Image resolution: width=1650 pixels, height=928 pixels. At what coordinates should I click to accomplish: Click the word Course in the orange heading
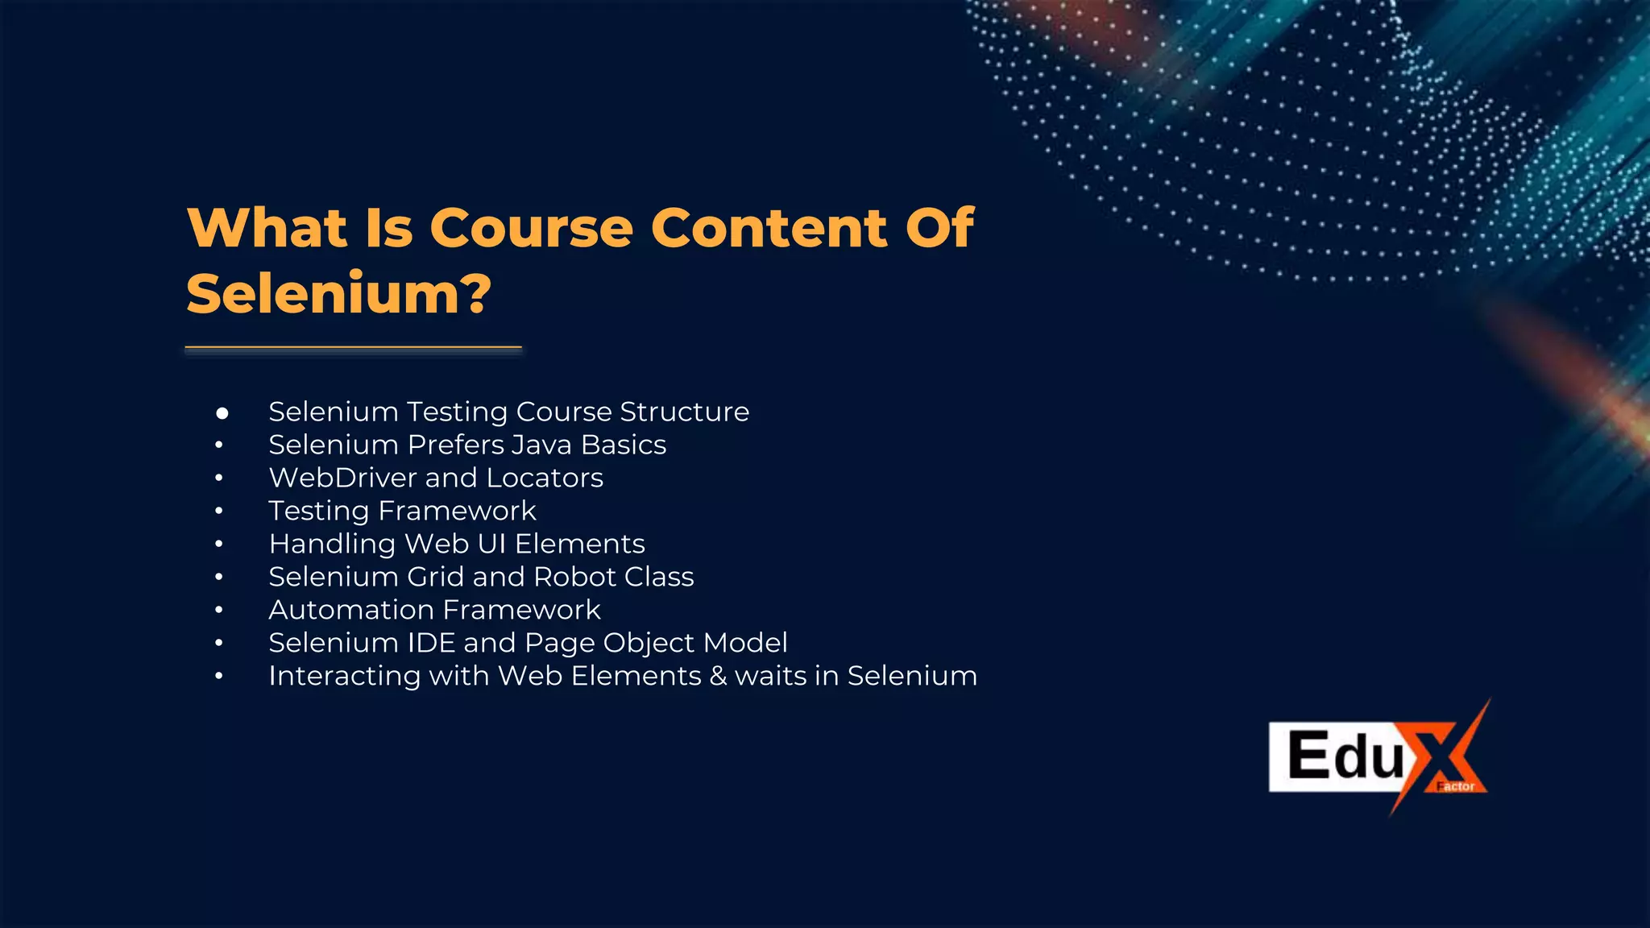coord(532,228)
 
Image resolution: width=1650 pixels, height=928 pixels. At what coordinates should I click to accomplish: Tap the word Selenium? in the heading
coord(338,294)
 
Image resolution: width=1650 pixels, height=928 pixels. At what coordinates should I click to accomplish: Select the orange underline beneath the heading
coord(353,348)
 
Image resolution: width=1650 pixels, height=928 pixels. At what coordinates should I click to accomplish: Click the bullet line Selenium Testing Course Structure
coord(508,412)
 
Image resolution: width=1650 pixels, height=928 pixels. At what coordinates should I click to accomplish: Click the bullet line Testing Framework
coord(402,511)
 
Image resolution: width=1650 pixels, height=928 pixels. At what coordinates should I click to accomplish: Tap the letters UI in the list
coord(491,544)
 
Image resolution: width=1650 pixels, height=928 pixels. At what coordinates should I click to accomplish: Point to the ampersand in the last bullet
coord(718,676)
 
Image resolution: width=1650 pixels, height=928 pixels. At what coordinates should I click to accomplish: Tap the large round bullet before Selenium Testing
coord(222,413)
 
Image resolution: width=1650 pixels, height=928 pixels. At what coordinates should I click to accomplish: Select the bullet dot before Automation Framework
coord(219,611)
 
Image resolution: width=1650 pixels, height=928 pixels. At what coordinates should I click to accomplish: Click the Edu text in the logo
coord(1345,756)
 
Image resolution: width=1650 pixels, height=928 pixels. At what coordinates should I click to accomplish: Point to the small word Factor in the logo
coord(1456,786)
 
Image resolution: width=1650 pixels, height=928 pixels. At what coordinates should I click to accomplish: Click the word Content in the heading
coord(769,228)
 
